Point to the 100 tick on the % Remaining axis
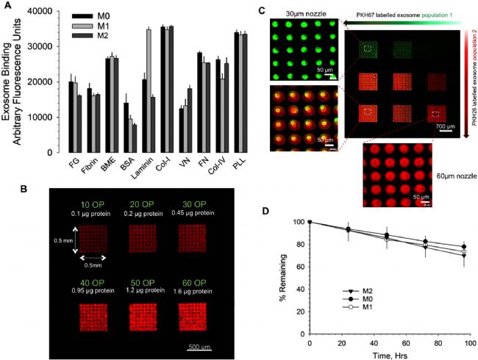[299, 221]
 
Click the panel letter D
[299, 211]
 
